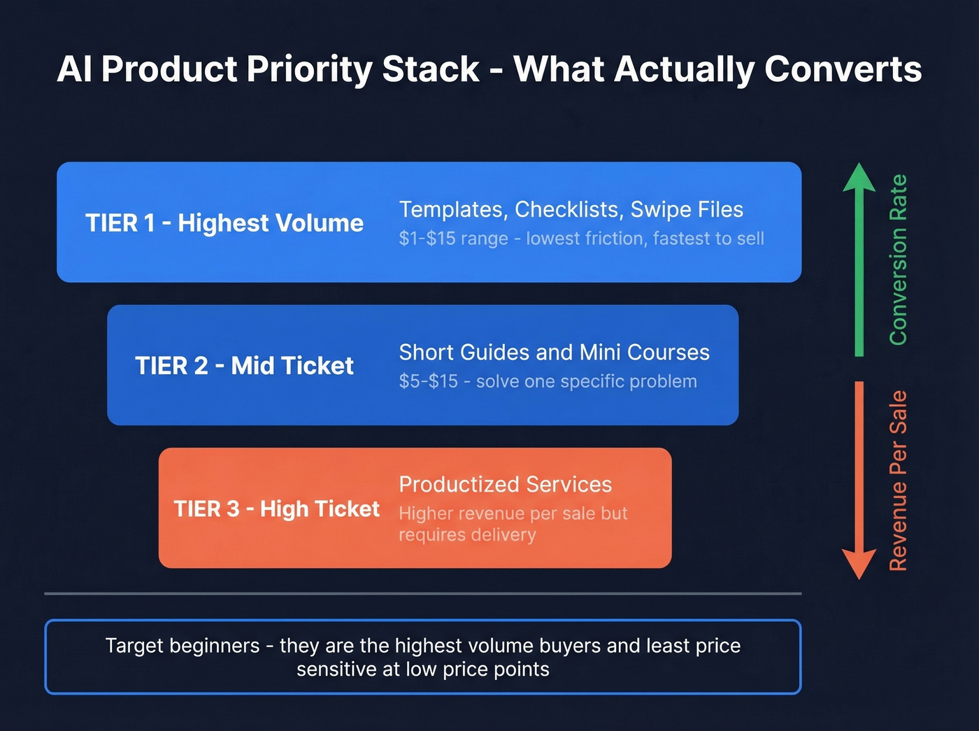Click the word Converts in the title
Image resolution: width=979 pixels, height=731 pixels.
[843, 69]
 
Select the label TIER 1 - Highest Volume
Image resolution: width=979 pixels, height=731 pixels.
[224, 223]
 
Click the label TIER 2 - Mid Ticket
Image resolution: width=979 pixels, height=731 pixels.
[244, 366]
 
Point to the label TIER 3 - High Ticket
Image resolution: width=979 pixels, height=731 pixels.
[276, 509]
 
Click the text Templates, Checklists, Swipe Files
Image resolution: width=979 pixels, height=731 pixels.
[571, 210]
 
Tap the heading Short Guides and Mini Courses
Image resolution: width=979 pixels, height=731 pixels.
[554, 353]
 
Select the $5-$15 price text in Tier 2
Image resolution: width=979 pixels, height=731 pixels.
[428, 382]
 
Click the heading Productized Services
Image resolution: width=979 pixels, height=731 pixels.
[505, 485]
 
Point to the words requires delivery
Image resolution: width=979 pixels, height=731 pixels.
[467, 535]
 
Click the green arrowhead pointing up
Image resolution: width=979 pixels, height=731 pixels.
[859, 178]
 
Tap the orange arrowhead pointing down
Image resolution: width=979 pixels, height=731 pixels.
[859, 564]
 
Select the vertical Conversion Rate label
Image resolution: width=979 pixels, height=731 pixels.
[898, 260]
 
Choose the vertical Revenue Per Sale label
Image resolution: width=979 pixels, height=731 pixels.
[898, 481]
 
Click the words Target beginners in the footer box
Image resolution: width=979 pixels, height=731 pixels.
[183, 646]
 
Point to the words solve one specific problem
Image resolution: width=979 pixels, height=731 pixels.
[586, 382]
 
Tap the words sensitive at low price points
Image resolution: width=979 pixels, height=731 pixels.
[422, 669]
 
